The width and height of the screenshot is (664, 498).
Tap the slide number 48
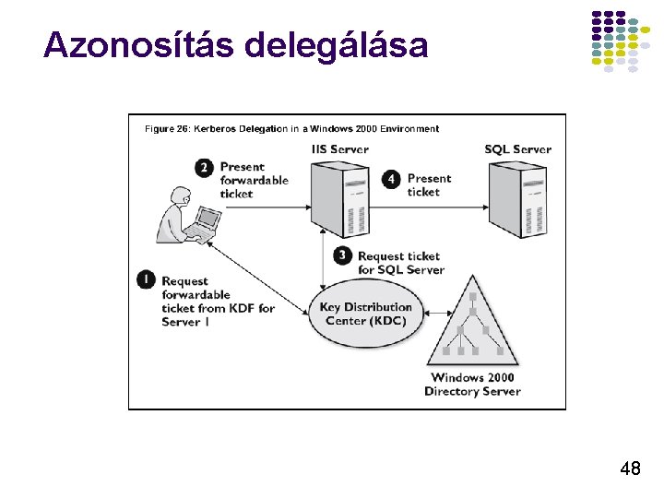click(x=630, y=469)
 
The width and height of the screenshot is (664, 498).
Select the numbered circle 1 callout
click(x=146, y=279)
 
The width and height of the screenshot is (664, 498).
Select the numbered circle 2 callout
click(x=204, y=167)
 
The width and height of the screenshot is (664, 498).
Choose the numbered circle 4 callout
click(x=391, y=178)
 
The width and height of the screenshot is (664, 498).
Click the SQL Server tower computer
click(x=517, y=198)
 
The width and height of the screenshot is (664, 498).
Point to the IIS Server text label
click(x=340, y=149)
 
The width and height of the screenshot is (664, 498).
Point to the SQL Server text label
click(x=517, y=149)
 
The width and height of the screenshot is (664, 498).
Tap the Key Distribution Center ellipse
click(x=366, y=314)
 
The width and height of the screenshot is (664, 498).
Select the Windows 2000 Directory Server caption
click(x=472, y=385)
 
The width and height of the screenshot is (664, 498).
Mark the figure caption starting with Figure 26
click(x=291, y=129)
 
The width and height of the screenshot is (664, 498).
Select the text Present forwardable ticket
click(x=254, y=180)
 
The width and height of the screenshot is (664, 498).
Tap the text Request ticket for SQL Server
click(x=400, y=263)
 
